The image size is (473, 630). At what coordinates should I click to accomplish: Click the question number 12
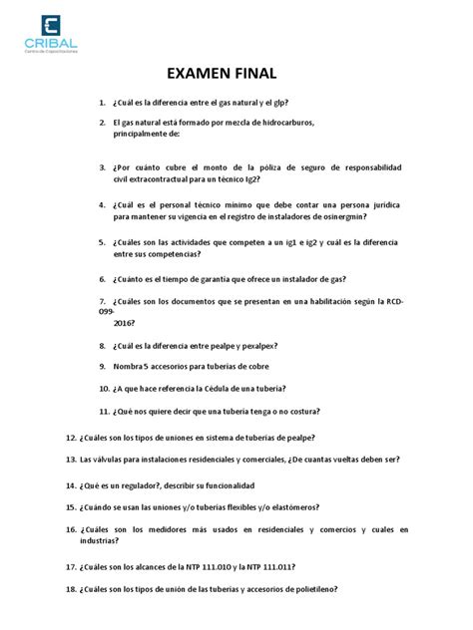point(69,438)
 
